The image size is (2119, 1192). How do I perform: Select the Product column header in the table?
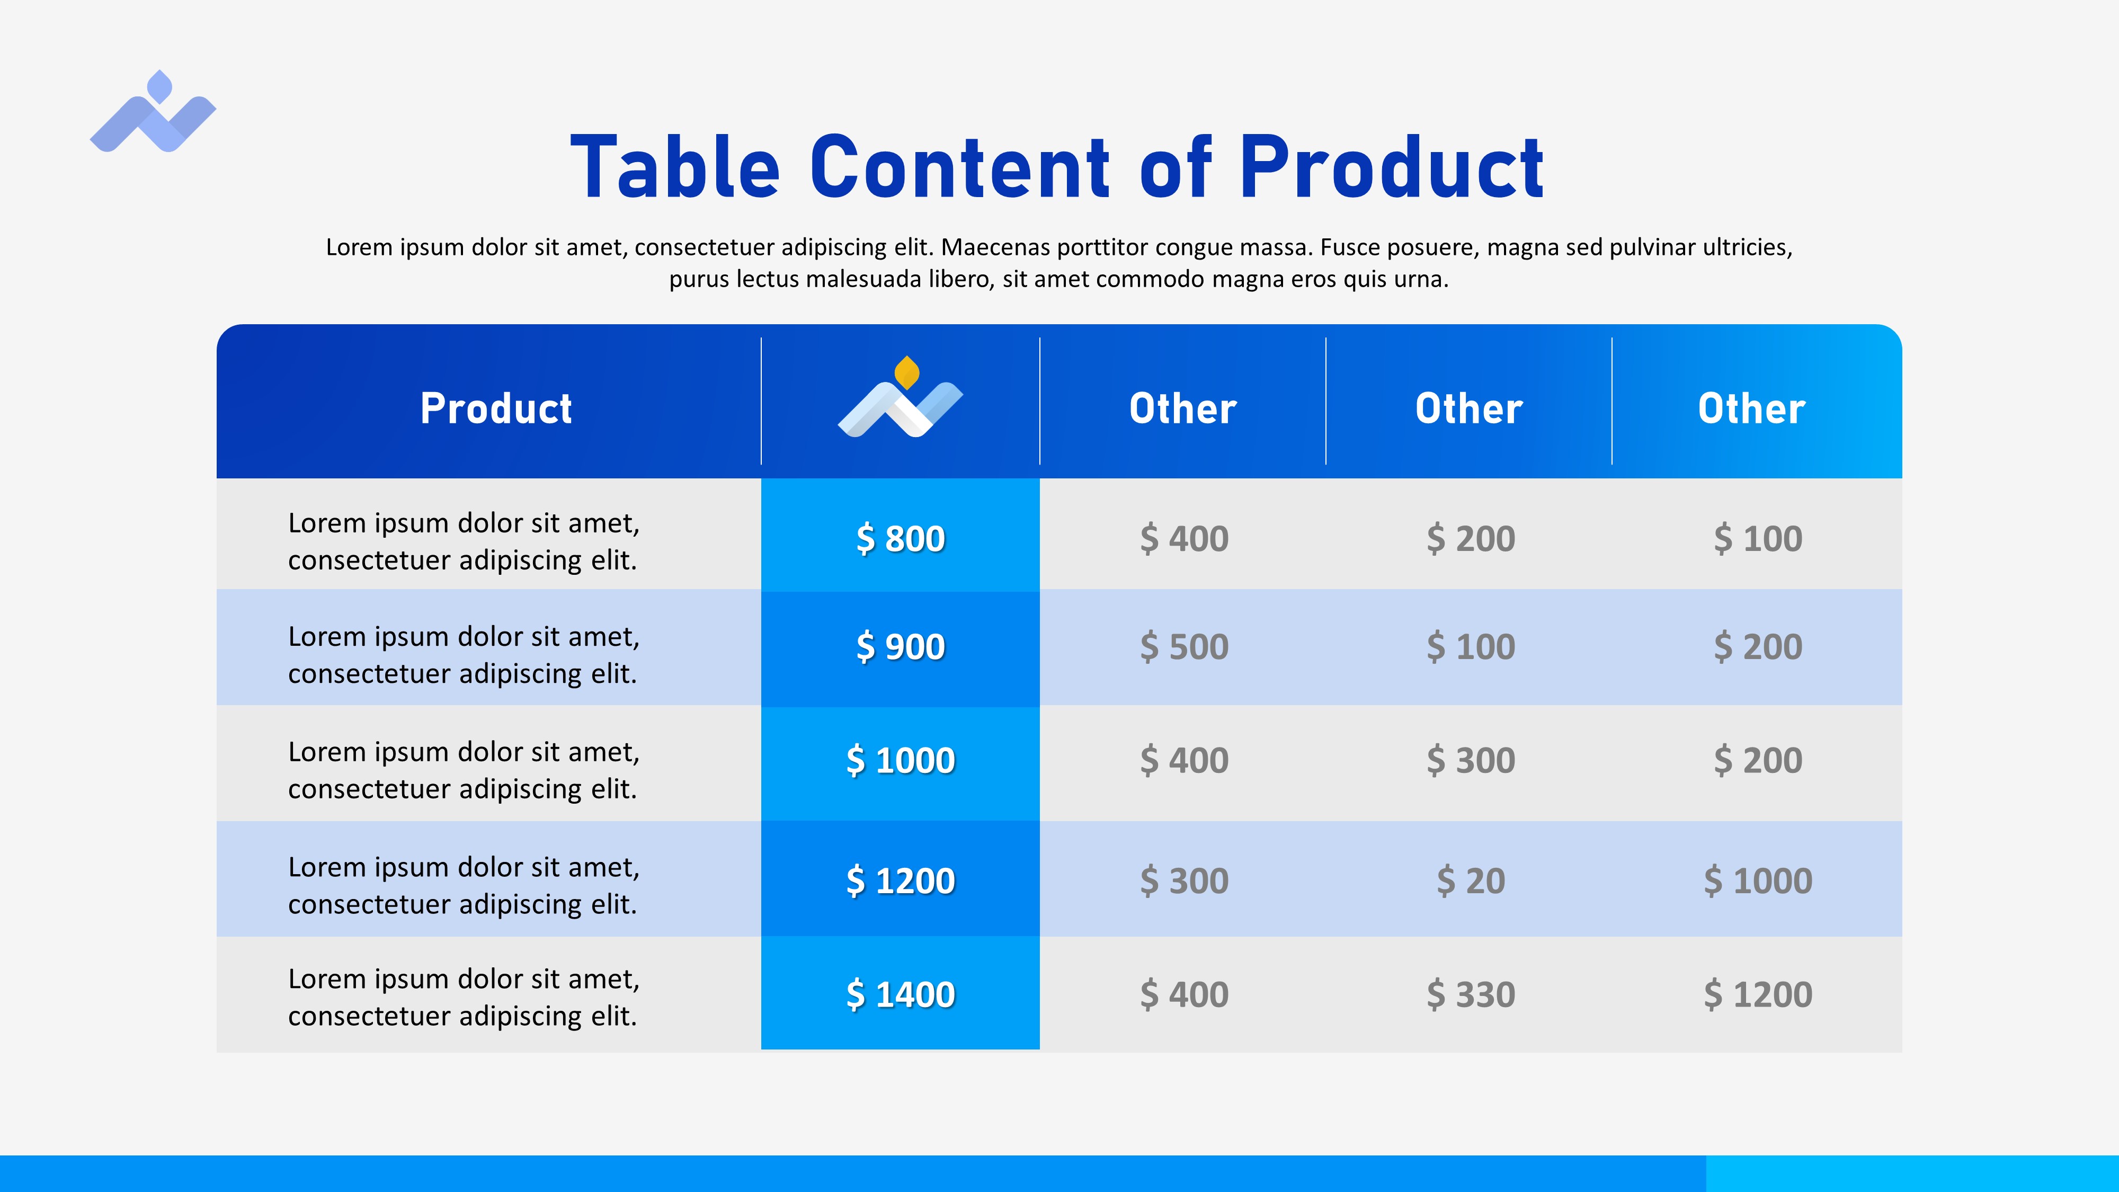click(x=496, y=409)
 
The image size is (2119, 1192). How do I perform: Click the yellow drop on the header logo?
click(x=906, y=372)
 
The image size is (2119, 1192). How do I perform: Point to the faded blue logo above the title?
click(x=153, y=111)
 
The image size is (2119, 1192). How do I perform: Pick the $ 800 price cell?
click(x=901, y=539)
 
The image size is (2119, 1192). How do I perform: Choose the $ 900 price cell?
click(x=901, y=646)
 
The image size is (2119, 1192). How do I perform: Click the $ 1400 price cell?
click(x=901, y=994)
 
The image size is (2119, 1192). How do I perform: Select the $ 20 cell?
click(x=1471, y=881)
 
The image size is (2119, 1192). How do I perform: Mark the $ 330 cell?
click(x=1471, y=994)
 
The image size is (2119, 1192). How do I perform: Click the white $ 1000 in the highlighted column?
click(x=901, y=760)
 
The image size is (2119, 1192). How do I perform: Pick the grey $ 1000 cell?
click(x=1758, y=881)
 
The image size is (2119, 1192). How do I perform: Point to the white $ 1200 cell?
click(x=901, y=881)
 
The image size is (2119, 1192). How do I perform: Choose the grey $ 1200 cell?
click(x=1758, y=994)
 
